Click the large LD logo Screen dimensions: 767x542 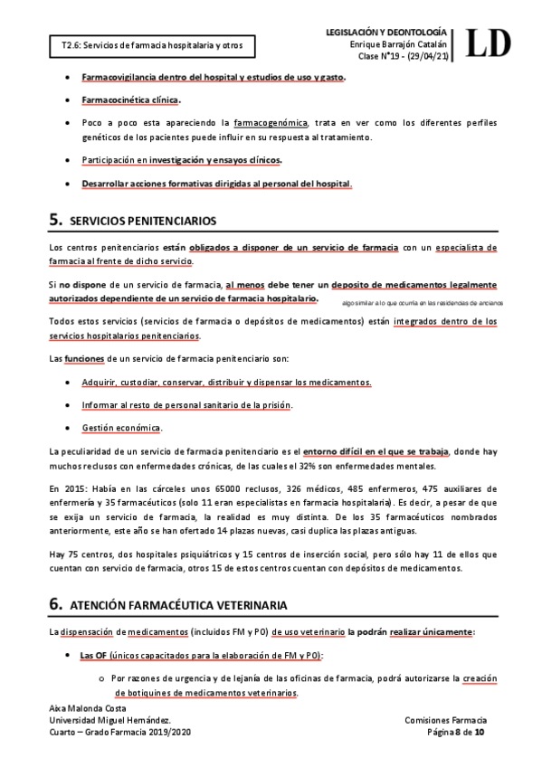click(x=490, y=42)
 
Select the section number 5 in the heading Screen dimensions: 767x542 click(x=55, y=219)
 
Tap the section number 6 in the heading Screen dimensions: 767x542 click(x=55, y=603)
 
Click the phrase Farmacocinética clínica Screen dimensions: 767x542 click(x=130, y=99)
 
